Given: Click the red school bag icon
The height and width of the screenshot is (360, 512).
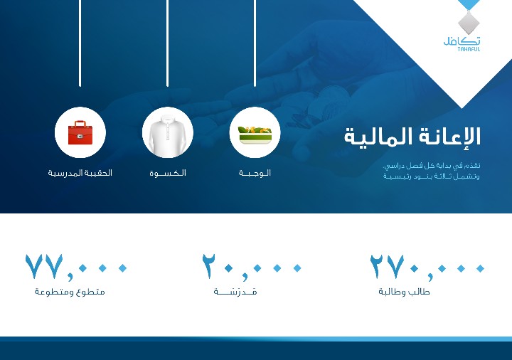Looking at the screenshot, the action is coord(80,132).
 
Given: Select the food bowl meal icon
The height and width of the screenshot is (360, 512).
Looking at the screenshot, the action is coord(255,135).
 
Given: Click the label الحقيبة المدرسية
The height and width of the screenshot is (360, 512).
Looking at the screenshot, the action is coord(80,173).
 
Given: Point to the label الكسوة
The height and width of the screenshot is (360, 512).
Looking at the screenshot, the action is coord(168,173).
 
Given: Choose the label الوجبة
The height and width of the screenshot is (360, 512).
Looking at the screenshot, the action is coord(255,173).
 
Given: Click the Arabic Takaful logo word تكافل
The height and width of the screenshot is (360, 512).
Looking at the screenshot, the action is coord(462,41).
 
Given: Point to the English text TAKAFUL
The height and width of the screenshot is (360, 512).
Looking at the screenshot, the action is coord(469,49).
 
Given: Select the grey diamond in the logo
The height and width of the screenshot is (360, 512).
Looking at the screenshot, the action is coord(469,22).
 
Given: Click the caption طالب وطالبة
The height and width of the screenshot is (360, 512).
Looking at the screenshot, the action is coord(404,292).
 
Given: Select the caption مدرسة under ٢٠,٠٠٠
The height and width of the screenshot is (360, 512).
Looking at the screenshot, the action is coord(235,292).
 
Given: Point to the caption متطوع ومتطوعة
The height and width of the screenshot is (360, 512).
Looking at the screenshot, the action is coord(70,292).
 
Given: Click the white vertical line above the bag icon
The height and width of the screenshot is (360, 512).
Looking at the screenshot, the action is coord(80,43).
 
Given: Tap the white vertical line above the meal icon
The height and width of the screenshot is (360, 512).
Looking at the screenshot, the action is coord(255,43).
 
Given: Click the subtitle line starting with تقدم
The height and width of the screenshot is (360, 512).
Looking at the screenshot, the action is coord(432,166).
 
